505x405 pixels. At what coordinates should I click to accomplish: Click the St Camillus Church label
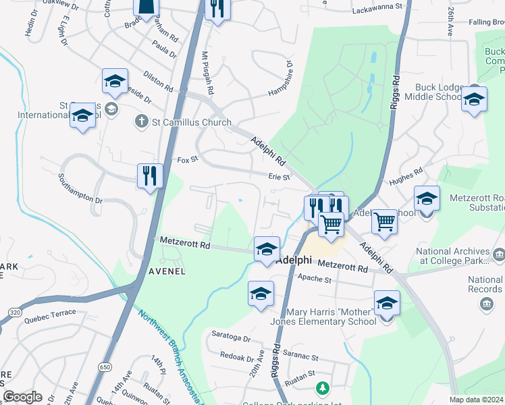pos(192,123)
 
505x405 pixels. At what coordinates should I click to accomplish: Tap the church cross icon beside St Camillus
pos(141,122)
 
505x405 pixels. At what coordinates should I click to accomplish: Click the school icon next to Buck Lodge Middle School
pos(474,101)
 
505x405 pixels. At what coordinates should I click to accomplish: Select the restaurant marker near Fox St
pos(149,176)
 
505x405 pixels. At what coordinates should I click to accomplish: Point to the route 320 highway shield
pos(14,312)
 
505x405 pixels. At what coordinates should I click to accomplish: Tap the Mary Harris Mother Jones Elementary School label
pos(331,317)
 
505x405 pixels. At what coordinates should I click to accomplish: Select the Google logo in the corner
pos(22,397)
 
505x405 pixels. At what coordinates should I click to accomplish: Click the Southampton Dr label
pos(80,191)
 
